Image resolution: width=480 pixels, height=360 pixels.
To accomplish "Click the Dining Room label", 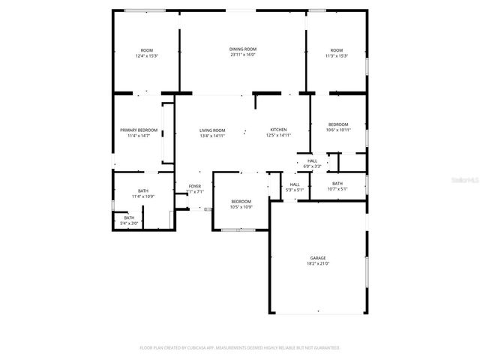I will pos(243,49).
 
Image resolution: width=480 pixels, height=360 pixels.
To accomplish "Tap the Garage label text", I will pos(318,258).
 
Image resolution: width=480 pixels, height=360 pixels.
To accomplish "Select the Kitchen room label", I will pos(278,130).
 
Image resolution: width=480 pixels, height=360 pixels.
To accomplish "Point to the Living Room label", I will pos(212,130).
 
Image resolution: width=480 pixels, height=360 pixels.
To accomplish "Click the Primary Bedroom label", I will pos(139,130).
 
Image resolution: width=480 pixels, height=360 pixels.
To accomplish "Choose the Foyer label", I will pos(194,186).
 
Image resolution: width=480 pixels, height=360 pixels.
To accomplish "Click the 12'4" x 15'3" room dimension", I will pos(146,56).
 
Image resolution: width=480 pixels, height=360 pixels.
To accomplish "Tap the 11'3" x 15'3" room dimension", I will pos(336,56).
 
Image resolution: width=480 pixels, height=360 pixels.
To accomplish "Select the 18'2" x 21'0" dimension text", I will pos(318,264).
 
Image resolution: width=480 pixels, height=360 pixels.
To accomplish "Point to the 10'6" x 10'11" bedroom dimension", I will pos(338,130).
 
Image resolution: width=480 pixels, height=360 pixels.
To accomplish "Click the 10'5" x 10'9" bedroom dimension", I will pos(241,207).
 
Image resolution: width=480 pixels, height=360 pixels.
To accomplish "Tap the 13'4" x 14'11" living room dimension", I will pos(212,136).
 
